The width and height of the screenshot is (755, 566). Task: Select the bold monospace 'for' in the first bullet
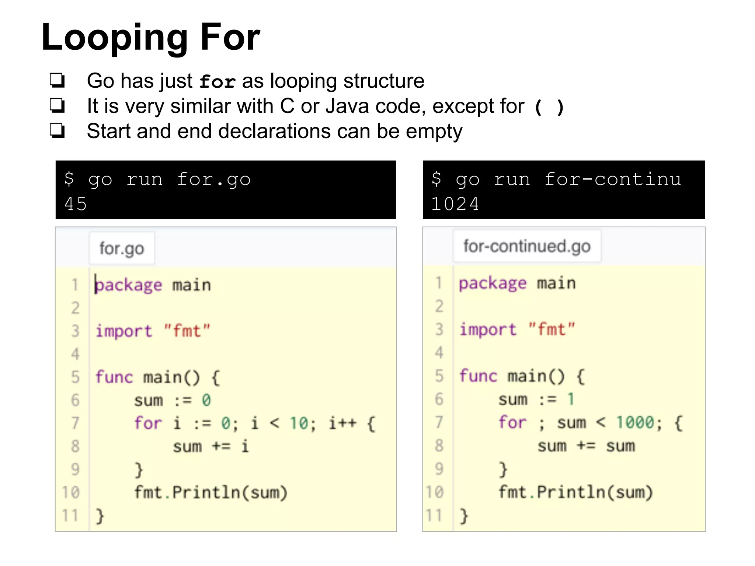point(217,81)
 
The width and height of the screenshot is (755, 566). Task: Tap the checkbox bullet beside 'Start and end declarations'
point(58,131)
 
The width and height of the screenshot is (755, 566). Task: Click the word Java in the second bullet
point(347,106)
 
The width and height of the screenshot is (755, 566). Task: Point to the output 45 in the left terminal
point(76,204)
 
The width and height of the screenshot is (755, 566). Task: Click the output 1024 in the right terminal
point(455,204)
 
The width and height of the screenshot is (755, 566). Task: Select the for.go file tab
point(122,248)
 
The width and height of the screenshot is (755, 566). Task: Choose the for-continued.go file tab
point(527,246)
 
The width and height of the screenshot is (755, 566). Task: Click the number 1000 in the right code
point(635,422)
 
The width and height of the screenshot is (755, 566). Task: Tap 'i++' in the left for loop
point(342,423)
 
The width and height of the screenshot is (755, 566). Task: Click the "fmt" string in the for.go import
point(187,331)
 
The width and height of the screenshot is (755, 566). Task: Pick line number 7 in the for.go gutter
point(75,423)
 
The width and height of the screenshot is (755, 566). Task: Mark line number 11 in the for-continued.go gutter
point(434,515)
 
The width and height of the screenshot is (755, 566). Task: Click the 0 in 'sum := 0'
point(206,400)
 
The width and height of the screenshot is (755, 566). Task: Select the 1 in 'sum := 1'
point(571,399)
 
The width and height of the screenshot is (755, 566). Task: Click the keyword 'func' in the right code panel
point(478,376)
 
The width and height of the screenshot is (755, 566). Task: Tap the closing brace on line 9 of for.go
point(139,469)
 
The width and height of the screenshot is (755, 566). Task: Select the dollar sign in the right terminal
point(436,179)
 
